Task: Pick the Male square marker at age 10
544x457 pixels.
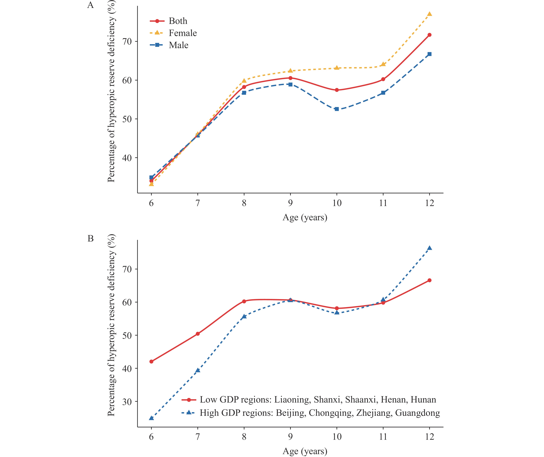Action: click(337, 109)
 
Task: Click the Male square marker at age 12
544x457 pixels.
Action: click(429, 54)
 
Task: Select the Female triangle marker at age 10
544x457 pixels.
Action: click(337, 68)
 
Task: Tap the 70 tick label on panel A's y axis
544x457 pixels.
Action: click(127, 41)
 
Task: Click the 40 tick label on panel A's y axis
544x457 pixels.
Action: click(127, 158)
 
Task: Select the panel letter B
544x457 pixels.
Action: click(90, 238)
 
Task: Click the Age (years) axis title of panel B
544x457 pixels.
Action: click(305, 451)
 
